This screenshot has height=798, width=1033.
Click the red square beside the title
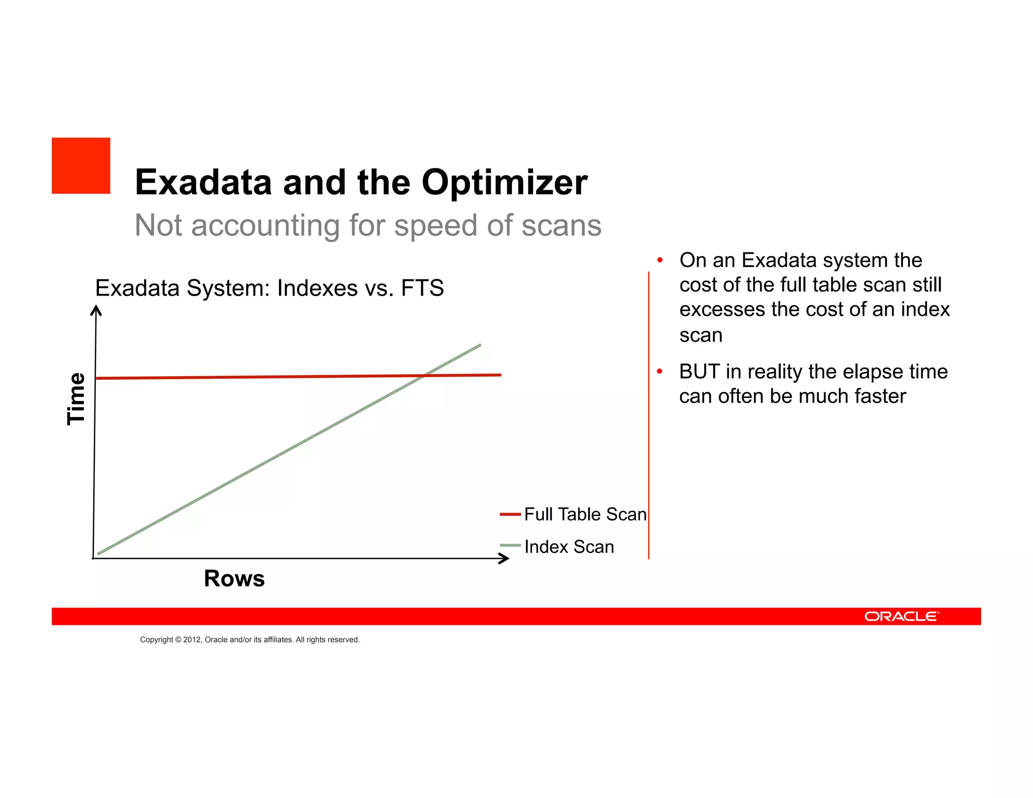pyautogui.click(x=81, y=165)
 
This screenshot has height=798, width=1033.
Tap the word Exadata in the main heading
pyautogui.click(x=203, y=183)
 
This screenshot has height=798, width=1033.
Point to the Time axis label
pyautogui.click(x=76, y=398)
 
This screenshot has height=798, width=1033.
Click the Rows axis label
pyautogui.click(x=234, y=579)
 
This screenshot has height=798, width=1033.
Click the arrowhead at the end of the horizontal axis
pyautogui.click(x=504, y=558)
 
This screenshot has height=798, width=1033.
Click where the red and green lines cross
pyautogui.click(x=425, y=375)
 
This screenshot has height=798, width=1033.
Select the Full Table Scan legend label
pyautogui.click(x=585, y=515)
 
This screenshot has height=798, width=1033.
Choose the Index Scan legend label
pyautogui.click(x=569, y=547)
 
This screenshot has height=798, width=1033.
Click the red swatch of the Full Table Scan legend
pyautogui.click(x=510, y=515)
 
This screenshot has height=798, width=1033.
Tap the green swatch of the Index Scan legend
pyautogui.click(x=510, y=545)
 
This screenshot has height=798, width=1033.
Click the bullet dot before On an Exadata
pyautogui.click(x=659, y=260)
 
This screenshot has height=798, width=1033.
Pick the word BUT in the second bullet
pyautogui.click(x=699, y=372)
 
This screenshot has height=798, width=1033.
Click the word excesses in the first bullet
pyautogui.click(x=721, y=310)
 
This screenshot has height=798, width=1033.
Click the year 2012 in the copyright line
pyautogui.click(x=192, y=640)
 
